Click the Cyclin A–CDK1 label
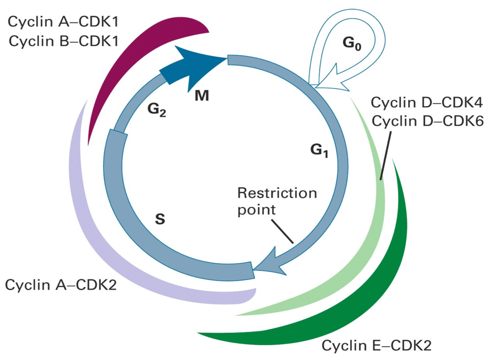(63, 22)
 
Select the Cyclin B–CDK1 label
(64, 41)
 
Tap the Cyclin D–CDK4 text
(427, 102)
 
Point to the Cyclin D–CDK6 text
(428, 121)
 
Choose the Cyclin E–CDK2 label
(377, 345)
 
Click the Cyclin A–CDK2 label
(61, 285)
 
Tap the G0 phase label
(352, 43)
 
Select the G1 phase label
(319, 150)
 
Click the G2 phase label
(157, 110)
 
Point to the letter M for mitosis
(202, 95)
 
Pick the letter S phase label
(160, 219)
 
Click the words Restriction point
(277, 201)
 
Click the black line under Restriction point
(282, 232)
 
